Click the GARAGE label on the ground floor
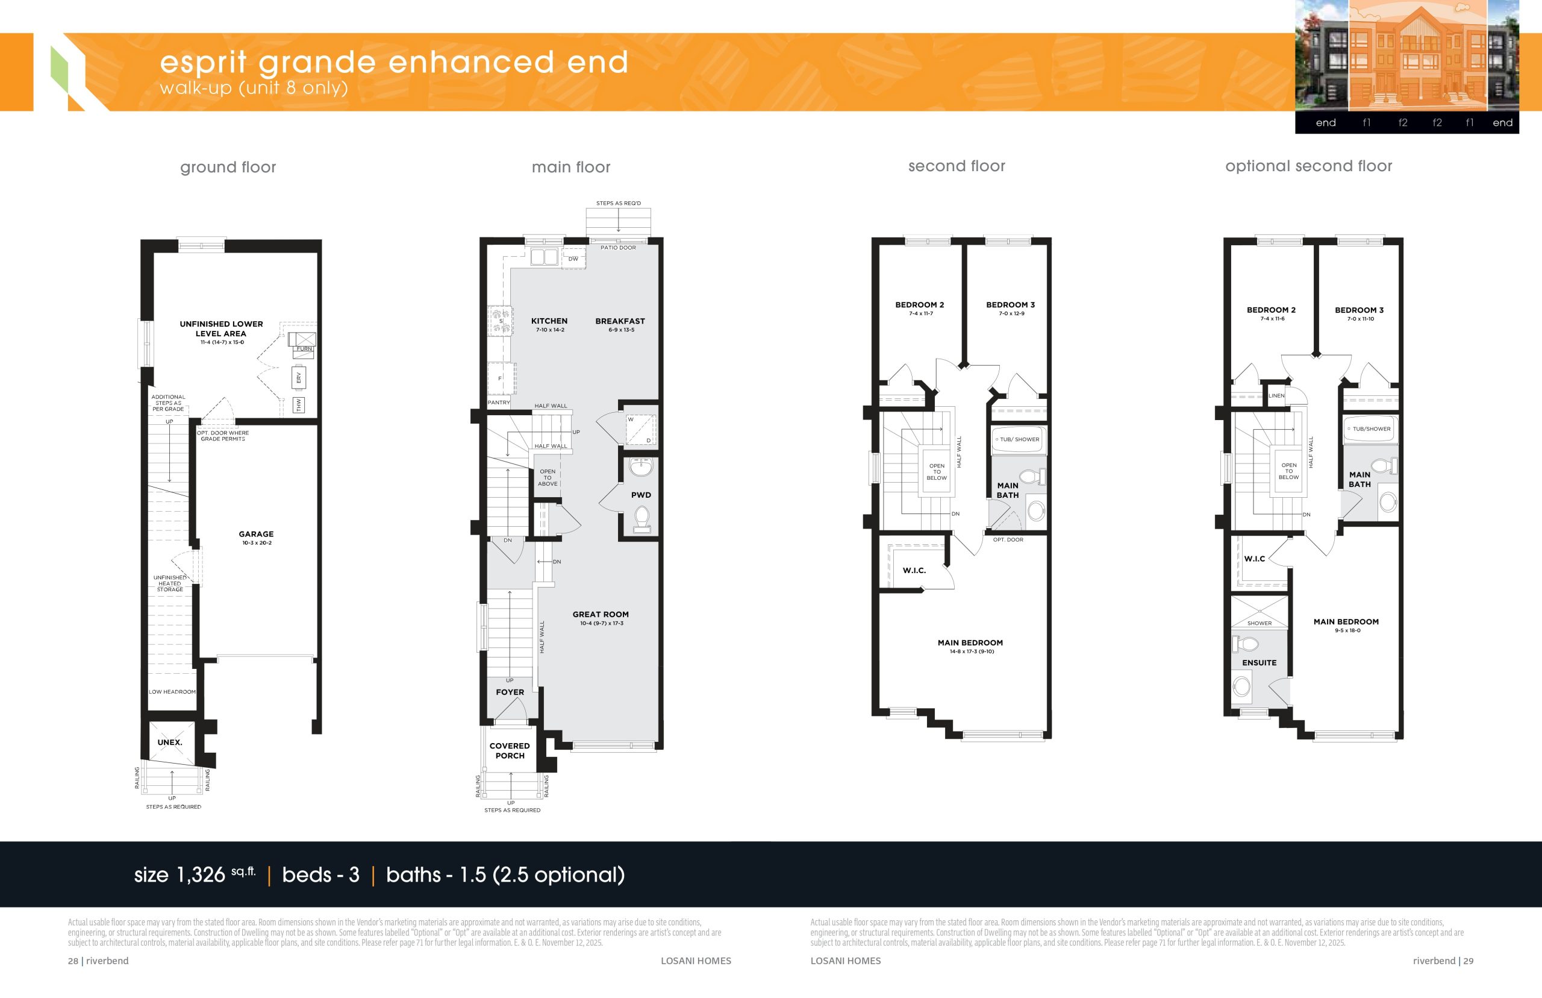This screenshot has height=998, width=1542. click(256, 534)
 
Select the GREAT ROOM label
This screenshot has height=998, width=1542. click(601, 614)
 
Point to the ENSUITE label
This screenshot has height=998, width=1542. click(1259, 663)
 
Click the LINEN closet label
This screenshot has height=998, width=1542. click(1276, 396)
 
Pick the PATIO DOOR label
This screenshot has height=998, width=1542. click(618, 248)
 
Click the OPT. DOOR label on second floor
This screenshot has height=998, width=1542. click(1008, 540)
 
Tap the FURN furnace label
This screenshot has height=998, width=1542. click(304, 349)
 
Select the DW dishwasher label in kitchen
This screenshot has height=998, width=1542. click(573, 259)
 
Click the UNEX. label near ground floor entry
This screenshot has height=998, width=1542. click(170, 742)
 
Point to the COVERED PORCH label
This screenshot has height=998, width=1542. click(510, 751)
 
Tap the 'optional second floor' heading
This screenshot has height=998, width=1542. click(1308, 166)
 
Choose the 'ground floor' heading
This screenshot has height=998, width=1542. click(228, 167)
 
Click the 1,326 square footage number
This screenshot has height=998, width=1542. click(201, 875)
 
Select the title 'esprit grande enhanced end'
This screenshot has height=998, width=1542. click(394, 61)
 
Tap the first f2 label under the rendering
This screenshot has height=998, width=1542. click(1403, 122)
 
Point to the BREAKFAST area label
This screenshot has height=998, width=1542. click(620, 321)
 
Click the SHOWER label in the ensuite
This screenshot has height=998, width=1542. click(1260, 623)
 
